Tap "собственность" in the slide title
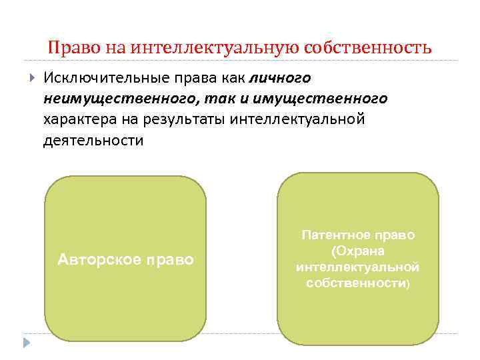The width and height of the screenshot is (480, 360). pyautogui.click(x=367, y=49)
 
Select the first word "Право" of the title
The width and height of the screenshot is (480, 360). pyautogui.click(x=69, y=49)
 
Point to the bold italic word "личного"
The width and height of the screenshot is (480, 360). pyautogui.click(x=281, y=78)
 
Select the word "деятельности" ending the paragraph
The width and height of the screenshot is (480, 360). pyautogui.click(x=93, y=141)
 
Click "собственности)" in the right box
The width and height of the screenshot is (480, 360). pyautogui.click(x=358, y=283)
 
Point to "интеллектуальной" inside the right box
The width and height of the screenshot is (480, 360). pyautogui.click(x=357, y=267)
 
